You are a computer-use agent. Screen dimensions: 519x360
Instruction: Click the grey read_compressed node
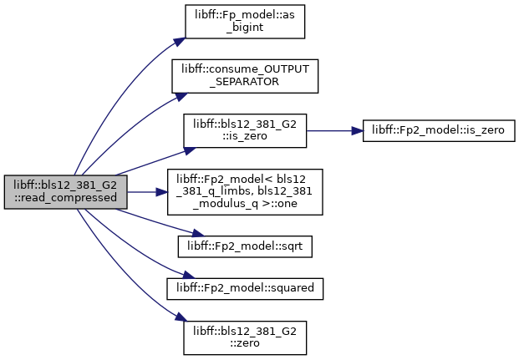(x=65, y=192)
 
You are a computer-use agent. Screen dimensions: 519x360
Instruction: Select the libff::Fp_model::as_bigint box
(x=245, y=22)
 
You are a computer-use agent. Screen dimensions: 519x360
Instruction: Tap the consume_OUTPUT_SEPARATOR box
(x=245, y=76)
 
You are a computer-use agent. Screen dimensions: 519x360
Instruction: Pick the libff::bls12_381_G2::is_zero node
(x=245, y=130)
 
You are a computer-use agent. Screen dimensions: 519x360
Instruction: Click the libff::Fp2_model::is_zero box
(x=439, y=130)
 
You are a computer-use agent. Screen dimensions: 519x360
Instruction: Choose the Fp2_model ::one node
(x=245, y=192)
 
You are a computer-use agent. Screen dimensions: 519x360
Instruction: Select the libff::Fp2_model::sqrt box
(x=245, y=246)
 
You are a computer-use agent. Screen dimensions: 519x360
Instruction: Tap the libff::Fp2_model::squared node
(x=245, y=289)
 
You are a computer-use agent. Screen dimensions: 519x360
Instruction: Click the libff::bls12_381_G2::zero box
(x=245, y=337)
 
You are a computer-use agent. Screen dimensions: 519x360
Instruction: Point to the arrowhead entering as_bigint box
(x=180, y=42)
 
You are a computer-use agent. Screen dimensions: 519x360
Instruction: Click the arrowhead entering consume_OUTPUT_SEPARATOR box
(x=181, y=96)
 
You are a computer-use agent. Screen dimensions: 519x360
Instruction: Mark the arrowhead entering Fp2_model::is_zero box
(x=357, y=130)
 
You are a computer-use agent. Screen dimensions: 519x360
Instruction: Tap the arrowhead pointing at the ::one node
(x=161, y=192)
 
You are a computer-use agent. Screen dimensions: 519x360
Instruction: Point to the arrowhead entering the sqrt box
(x=198, y=234)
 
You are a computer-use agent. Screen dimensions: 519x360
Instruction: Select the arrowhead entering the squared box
(x=188, y=276)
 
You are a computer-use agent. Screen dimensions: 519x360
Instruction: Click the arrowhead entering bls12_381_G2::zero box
(x=181, y=317)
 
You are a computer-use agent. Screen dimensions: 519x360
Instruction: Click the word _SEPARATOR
(x=244, y=82)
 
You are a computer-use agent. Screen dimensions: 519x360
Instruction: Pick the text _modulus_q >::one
(x=245, y=204)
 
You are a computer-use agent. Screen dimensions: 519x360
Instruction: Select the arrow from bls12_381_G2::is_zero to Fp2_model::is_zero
(x=335, y=130)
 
